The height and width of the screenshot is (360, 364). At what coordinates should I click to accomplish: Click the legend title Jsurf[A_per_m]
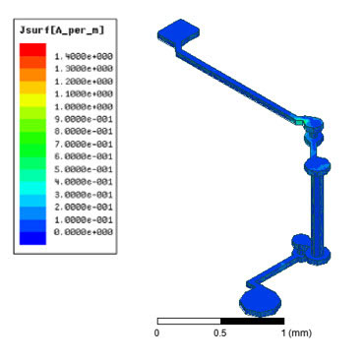pyautogui.click(x=62, y=30)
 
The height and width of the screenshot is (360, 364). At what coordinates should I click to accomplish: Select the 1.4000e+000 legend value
pyautogui.click(x=84, y=56)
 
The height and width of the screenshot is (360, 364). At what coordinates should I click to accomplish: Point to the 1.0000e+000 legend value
pyautogui.click(x=84, y=106)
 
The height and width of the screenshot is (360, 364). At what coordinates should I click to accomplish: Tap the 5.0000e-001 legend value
pyautogui.click(x=84, y=169)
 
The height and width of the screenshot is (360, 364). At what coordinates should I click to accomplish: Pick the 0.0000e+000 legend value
pyautogui.click(x=84, y=232)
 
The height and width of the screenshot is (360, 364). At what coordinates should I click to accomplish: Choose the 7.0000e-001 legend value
pyautogui.click(x=84, y=145)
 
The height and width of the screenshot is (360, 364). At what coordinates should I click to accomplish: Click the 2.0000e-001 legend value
pyautogui.click(x=84, y=208)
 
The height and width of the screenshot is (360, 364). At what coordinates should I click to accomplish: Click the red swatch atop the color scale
pyautogui.click(x=32, y=49)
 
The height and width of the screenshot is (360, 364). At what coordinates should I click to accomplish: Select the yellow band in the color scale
pyautogui.click(x=32, y=100)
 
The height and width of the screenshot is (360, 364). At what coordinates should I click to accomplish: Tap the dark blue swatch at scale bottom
pyautogui.click(x=32, y=238)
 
